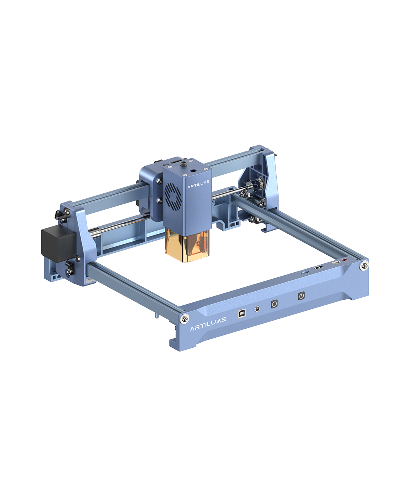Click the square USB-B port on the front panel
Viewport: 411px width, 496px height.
pos(242,313)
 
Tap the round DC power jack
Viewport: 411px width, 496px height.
pos(257,309)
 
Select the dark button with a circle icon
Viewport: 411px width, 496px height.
pos(274,304)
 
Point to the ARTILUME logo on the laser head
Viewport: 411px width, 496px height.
pos(199,185)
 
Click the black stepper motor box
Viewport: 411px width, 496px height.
pos(59,245)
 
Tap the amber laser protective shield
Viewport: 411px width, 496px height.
pos(187,245)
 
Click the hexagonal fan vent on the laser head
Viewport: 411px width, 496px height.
pos(173,195)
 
